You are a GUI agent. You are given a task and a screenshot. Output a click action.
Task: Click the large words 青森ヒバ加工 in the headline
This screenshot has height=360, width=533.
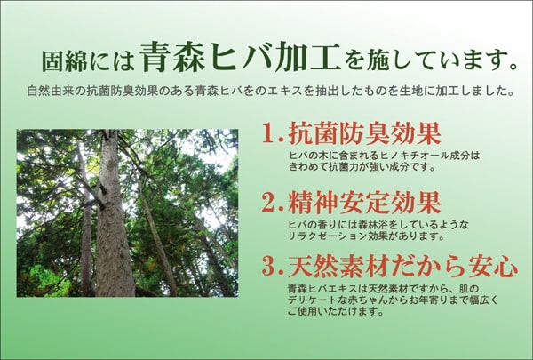pos(240,57)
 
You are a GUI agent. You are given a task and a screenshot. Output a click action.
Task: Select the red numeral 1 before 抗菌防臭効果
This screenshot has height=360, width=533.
pos(269,133)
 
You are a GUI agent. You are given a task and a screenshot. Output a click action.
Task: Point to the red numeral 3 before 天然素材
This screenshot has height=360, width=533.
pos(269,266)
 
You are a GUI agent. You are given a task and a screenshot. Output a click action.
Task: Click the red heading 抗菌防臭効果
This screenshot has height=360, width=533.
pos(364,133)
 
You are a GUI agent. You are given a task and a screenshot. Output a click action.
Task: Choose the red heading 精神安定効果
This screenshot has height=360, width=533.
pos(364,202)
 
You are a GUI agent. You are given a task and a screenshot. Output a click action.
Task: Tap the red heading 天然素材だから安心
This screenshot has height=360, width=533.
pos(403,266)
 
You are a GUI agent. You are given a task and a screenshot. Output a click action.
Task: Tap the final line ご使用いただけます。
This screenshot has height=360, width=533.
pos(336,311)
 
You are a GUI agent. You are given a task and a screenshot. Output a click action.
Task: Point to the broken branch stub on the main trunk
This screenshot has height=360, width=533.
pos(101,188)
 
